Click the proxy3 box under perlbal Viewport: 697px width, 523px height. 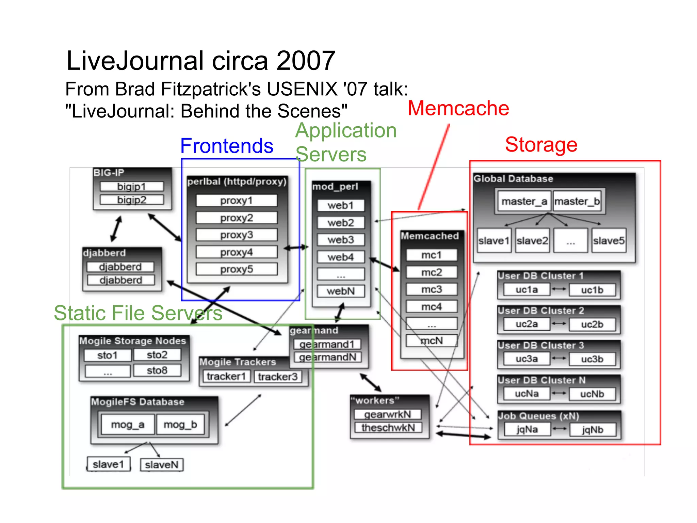tap(237, 235)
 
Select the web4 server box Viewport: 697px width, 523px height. tap(341, 257)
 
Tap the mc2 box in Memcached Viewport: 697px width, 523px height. tap(432, 272)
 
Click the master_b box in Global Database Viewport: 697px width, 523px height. tap(577, 201)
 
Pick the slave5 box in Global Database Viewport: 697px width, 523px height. tap(609, 241)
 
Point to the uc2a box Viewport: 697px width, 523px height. tap(526, 324)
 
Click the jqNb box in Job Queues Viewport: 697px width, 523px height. tap(593, 430)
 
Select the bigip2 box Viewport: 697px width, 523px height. tap(132, 200)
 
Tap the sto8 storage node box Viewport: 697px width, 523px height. tap(157, 370)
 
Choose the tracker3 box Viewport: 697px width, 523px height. tap(277, 377)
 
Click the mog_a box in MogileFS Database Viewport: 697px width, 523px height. tap(128, 425)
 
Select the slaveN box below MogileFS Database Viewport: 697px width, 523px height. tap(162, 465)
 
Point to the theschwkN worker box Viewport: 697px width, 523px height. tap(388, 428)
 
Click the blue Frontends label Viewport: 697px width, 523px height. tap(227, 146)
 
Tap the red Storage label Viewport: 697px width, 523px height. tap(541, 144)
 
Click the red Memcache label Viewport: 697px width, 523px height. tap(458, 108)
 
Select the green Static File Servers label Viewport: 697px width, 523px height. tap(138, 313)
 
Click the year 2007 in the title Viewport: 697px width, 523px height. tap(306, 61)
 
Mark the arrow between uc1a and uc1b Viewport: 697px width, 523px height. tap(559, 289)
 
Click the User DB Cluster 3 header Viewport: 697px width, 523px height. tap(541, 345)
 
